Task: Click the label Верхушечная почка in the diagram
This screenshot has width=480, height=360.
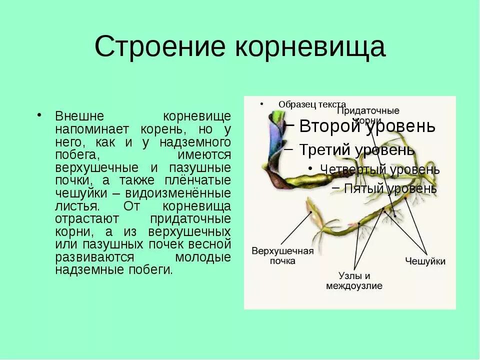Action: tap(282, 255)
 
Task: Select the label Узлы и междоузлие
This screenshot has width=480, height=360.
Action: tap(354, 281)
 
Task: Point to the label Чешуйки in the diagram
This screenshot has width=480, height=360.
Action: tap(425, 261)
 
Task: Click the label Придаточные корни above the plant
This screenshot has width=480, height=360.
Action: tap(367, 115)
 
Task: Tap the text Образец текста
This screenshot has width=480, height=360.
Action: tap(312, 104)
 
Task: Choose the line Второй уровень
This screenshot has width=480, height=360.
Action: tap(367, 126)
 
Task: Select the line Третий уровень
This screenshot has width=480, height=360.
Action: tap(356, 149)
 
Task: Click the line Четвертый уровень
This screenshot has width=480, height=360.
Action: tap(379, 169)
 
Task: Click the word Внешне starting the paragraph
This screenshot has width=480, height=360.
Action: tap(79, 116)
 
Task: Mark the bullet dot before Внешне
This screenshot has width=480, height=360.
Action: tap(38, 115)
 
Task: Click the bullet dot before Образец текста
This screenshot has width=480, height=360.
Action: tap(261, 104)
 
